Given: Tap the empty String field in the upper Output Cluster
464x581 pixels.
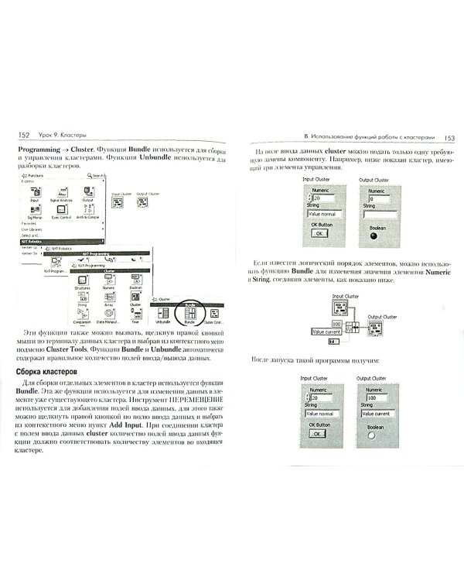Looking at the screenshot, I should click(x=381, y=212).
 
